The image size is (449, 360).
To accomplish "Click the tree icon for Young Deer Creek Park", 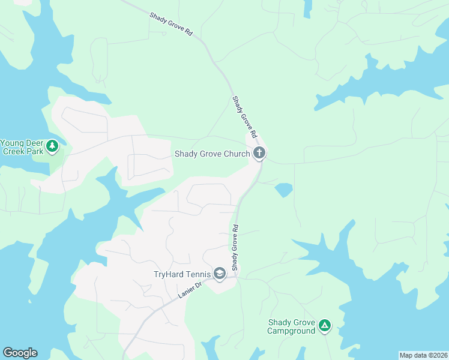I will [x=52, y=145].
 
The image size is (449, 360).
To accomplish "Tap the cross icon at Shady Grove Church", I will [x=259, y=154].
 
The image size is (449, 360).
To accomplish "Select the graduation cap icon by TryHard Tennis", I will [x=219, y=274].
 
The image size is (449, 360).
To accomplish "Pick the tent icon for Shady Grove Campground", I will [x=324, y=326].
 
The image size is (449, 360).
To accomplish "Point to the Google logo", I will [x=20, y=353].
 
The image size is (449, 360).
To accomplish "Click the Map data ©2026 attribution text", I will [x=423, y=355].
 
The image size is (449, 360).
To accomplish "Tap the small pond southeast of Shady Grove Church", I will [x=284, y=190].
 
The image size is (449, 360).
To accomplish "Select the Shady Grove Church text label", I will [x=212, y=154].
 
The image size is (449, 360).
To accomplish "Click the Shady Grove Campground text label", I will [x=291, y=326].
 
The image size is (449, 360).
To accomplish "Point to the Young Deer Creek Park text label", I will [x=22, y=147].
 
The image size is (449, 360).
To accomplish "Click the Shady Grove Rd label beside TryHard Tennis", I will [x=235, y=247].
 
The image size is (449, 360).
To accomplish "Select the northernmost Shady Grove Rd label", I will [x=171, y=25].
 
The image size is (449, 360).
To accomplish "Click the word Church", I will [x=237, y=154].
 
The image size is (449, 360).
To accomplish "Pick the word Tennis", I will [x=197, y=275].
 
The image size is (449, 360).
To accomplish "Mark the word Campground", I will [x=291, y=331].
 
